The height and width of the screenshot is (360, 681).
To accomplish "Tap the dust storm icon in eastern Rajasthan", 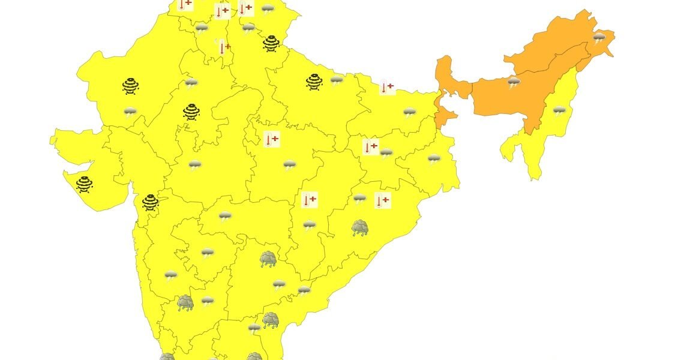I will (191, 112).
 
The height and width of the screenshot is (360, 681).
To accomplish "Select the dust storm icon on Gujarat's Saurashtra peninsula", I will (85, 184).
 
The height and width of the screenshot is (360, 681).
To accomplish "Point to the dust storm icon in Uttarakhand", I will (271, 44).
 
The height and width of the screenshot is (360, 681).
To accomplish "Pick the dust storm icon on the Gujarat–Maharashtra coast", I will (150, 203).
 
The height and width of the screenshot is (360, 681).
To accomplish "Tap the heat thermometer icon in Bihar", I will (387, 88).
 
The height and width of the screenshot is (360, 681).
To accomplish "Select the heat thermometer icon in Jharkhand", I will (370, 147).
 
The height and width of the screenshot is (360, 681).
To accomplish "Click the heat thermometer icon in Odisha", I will (382, 200).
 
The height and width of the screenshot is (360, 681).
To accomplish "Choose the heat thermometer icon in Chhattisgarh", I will (309, 200).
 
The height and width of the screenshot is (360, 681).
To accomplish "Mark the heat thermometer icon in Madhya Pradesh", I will (271, 140).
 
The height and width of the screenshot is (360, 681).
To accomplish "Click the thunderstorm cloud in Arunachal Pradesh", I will (599, 39).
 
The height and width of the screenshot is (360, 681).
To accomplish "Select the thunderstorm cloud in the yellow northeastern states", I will (559, 111).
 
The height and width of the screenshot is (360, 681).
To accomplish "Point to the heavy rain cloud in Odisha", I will (360, 228).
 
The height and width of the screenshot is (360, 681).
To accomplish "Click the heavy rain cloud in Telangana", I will (268, 260).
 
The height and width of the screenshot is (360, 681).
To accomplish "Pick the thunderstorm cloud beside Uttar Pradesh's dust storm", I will (337, 80).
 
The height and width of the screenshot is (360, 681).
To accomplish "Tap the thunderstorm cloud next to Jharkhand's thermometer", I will (386, 153).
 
